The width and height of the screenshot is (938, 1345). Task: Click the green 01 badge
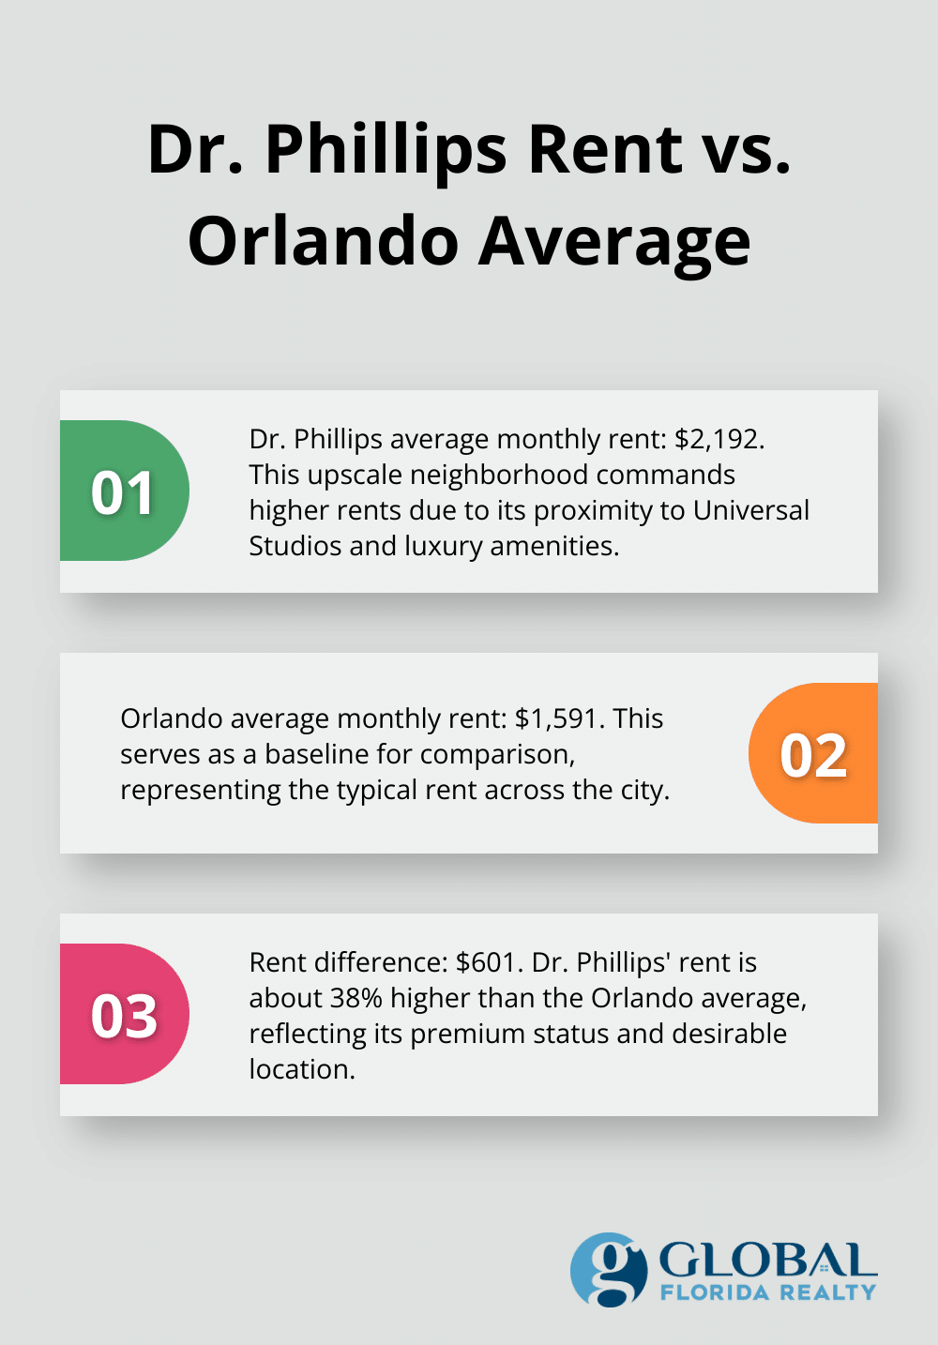coord(124,491)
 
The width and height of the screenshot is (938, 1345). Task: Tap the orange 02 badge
coord(813,754)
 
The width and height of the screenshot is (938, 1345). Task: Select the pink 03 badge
coord(124,1015)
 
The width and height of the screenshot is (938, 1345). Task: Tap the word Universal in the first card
coord(750,510)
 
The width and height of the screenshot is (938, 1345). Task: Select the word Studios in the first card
coord(295,546)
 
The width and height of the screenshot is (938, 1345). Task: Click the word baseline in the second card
coord(316,754)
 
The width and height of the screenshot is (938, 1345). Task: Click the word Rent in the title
coord(605,150)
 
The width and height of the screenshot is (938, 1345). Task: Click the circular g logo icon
coord(609,1270)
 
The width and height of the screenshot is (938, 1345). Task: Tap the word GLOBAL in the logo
coord(767,1260)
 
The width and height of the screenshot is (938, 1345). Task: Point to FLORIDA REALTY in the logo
coord(767,1292)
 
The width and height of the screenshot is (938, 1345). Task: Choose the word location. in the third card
coord(302,1069)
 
